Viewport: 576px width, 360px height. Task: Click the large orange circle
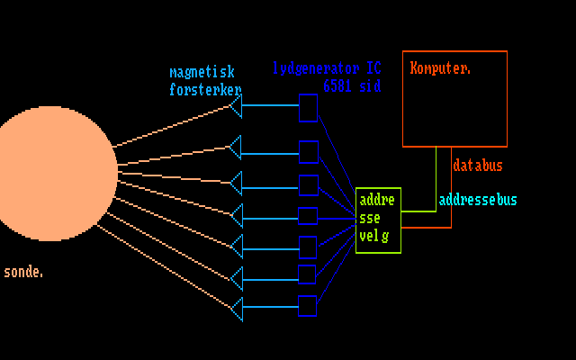[x=49, y=173]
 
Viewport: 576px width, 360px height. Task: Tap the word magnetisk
[x=202, y=72]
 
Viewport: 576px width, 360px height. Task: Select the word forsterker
[x=205, y=89]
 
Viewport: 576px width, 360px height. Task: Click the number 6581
[x=338, y=86]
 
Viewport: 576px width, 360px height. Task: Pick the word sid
[x=370, y=86]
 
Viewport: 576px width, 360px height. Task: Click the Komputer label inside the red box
[x=441, y=67]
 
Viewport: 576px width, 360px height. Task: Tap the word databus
[x=478, y=166]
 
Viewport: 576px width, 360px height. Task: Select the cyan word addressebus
[x=478, y=200]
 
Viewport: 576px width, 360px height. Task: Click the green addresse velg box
[x=378, y=220]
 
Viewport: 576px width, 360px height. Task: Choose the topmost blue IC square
[x=308, y=108]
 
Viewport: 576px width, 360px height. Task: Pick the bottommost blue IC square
[x=308, y=306]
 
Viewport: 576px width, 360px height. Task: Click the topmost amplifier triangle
[x=236, y=108]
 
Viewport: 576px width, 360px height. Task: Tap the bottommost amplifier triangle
[x=236, y=308]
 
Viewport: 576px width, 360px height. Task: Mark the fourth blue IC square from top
[x=308, y=216]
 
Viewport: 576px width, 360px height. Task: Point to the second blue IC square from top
[x=308, y=151]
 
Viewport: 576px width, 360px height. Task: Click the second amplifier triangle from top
[x=236, y=147]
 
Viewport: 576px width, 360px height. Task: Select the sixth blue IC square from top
[x=308, y=274]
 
